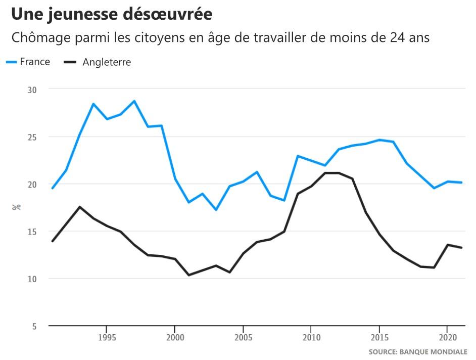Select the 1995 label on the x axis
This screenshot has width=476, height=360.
[x=106, y=337]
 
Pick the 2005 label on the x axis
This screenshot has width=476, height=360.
[x=243, y=337]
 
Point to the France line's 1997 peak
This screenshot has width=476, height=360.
[x=134, y=101]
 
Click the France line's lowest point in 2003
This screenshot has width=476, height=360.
[x=216, y=209]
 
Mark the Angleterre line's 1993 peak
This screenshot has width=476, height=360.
[x=80, y=207]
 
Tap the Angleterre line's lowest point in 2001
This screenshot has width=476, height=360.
[x=188, y=275]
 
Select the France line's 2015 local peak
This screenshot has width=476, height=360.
[x=379, y=140]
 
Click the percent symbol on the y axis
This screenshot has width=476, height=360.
[x=16, y=207]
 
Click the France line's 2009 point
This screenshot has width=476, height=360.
[x=298, y=156]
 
